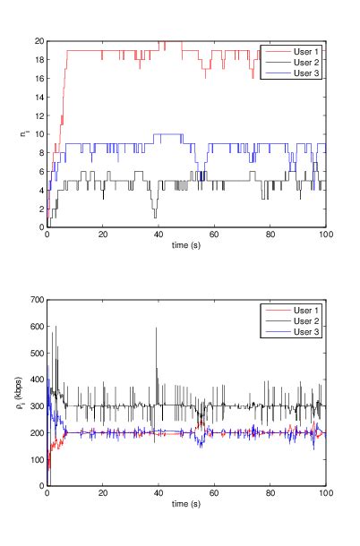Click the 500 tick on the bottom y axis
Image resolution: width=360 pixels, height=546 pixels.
click(36, 353)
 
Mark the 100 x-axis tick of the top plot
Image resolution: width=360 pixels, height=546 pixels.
click(326, 235)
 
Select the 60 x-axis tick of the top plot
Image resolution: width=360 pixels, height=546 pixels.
click(214, 235)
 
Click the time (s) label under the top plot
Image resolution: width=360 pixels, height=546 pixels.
click(186, 245)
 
